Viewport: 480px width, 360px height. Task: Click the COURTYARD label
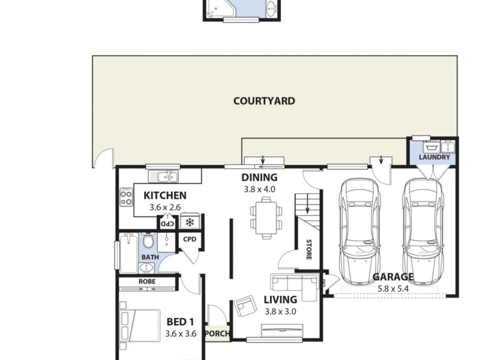tap(264, 101)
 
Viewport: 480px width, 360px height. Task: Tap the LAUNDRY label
tap(434, 158)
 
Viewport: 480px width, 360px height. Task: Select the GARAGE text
tap(393, 277)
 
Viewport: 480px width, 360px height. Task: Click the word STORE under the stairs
tap(309, 249)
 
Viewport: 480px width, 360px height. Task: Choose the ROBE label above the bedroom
tap(147, 281)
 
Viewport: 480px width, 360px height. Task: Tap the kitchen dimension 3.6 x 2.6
tap(165, 208)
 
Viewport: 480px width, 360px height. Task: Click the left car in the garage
tap(359, 231)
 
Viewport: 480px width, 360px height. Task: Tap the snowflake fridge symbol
tap(190, 223)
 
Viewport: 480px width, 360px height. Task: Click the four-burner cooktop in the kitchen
tap(127, 197)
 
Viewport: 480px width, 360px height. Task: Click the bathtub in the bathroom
tap(128, 252)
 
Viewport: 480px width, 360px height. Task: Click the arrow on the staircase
tap(308, 207)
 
